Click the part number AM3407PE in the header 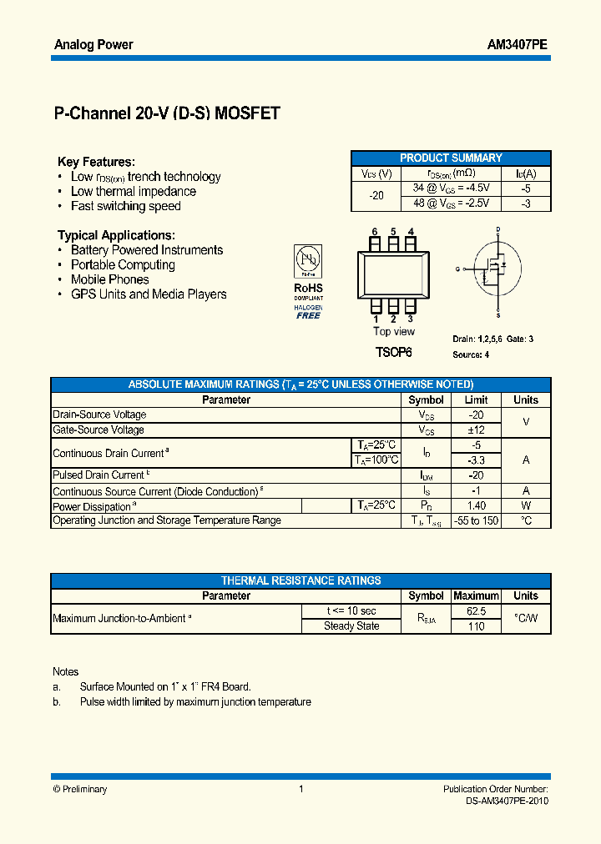tap(517, 45)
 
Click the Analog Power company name tap(93, 45)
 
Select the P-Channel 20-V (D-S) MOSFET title tap(166, 114)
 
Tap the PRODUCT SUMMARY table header tap(451, 158)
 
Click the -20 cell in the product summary tap(376, 195)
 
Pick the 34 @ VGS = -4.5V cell tap(451, 188)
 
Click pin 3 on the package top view tap(411, 308)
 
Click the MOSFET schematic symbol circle tap(497, 269)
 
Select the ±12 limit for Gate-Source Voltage tap(476, 430)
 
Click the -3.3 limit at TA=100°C tap(476, 460)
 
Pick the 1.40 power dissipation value tap(476, 505)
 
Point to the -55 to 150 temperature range tap(476, 520)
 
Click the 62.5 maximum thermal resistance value tap(476, 611)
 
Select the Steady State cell tap(351, 626)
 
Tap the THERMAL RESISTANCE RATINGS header tap(300, 580)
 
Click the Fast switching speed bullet tap(125, 206)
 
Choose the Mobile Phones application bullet tap(109, 279)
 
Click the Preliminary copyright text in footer tap(80, 789)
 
